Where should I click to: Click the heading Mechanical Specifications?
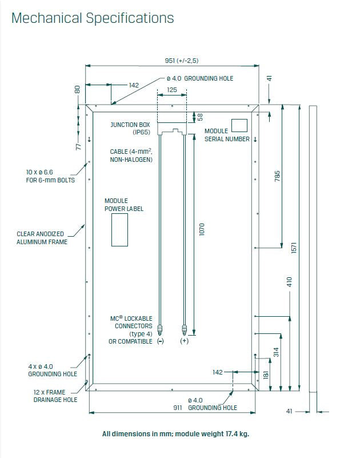pyautogui.click(x=93, y=18)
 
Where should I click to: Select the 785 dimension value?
pyautogui.click(x=278, y=177)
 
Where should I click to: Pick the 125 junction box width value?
pyautogui.click(x=171, y=90)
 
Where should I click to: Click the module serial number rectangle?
pyautogui.click(x=239, y=125)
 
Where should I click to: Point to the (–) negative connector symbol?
pyautogui.click(x=160, y=341)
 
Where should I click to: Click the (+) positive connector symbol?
pyautogui.click(x=184, y=341)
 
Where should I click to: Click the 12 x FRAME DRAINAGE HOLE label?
pyautogui.click(x=55, y=396)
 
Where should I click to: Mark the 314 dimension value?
pyautogui.click(x=277, y=352)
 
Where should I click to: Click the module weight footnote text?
pyautogui.click(x=176, y=434)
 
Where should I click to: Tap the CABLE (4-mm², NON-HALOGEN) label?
pyautogui.click(x=131, y=156)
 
